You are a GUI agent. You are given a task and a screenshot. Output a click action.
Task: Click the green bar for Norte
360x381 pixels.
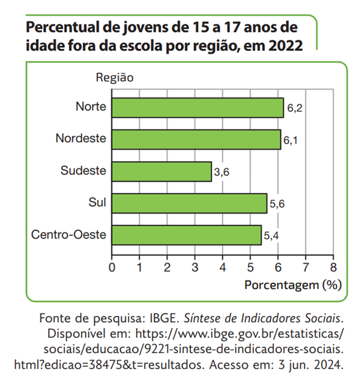[x=198, y=107]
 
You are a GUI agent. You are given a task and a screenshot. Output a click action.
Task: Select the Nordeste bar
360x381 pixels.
[x=196, y=139]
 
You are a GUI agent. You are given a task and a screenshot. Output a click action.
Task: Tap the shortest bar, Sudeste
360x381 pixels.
[x=162, y=171]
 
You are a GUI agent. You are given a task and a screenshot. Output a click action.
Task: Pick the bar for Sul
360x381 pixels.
[x=189, y=203]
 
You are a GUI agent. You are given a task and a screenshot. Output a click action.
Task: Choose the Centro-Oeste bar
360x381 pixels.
[x=186, y=235]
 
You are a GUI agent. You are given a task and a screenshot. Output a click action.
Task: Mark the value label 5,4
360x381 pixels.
[x=272, y=236]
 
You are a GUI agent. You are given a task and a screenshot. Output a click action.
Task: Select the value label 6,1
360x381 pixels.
[x=291, y=140]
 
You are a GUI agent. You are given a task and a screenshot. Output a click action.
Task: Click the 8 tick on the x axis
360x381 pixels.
[x=333, y=268]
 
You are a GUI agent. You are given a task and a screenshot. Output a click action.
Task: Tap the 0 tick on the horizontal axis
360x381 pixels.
[x=111, y=268]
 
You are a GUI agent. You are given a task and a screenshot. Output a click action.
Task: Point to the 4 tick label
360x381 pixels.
[x=222, y=268]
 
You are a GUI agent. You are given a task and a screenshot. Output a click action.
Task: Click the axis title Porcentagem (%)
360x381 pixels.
[x=293, y=286]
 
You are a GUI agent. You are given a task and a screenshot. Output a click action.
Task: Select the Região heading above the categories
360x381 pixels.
[x=115, y=78]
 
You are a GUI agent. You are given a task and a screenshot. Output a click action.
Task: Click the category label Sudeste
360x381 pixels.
[x=83, y=171]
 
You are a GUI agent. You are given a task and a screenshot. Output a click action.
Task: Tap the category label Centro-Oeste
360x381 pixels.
[x=68, y=235]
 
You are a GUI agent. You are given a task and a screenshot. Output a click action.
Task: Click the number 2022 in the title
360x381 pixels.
[x=286, y=46]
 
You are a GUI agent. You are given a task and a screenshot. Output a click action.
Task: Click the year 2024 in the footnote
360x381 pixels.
[x=330, y=364]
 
